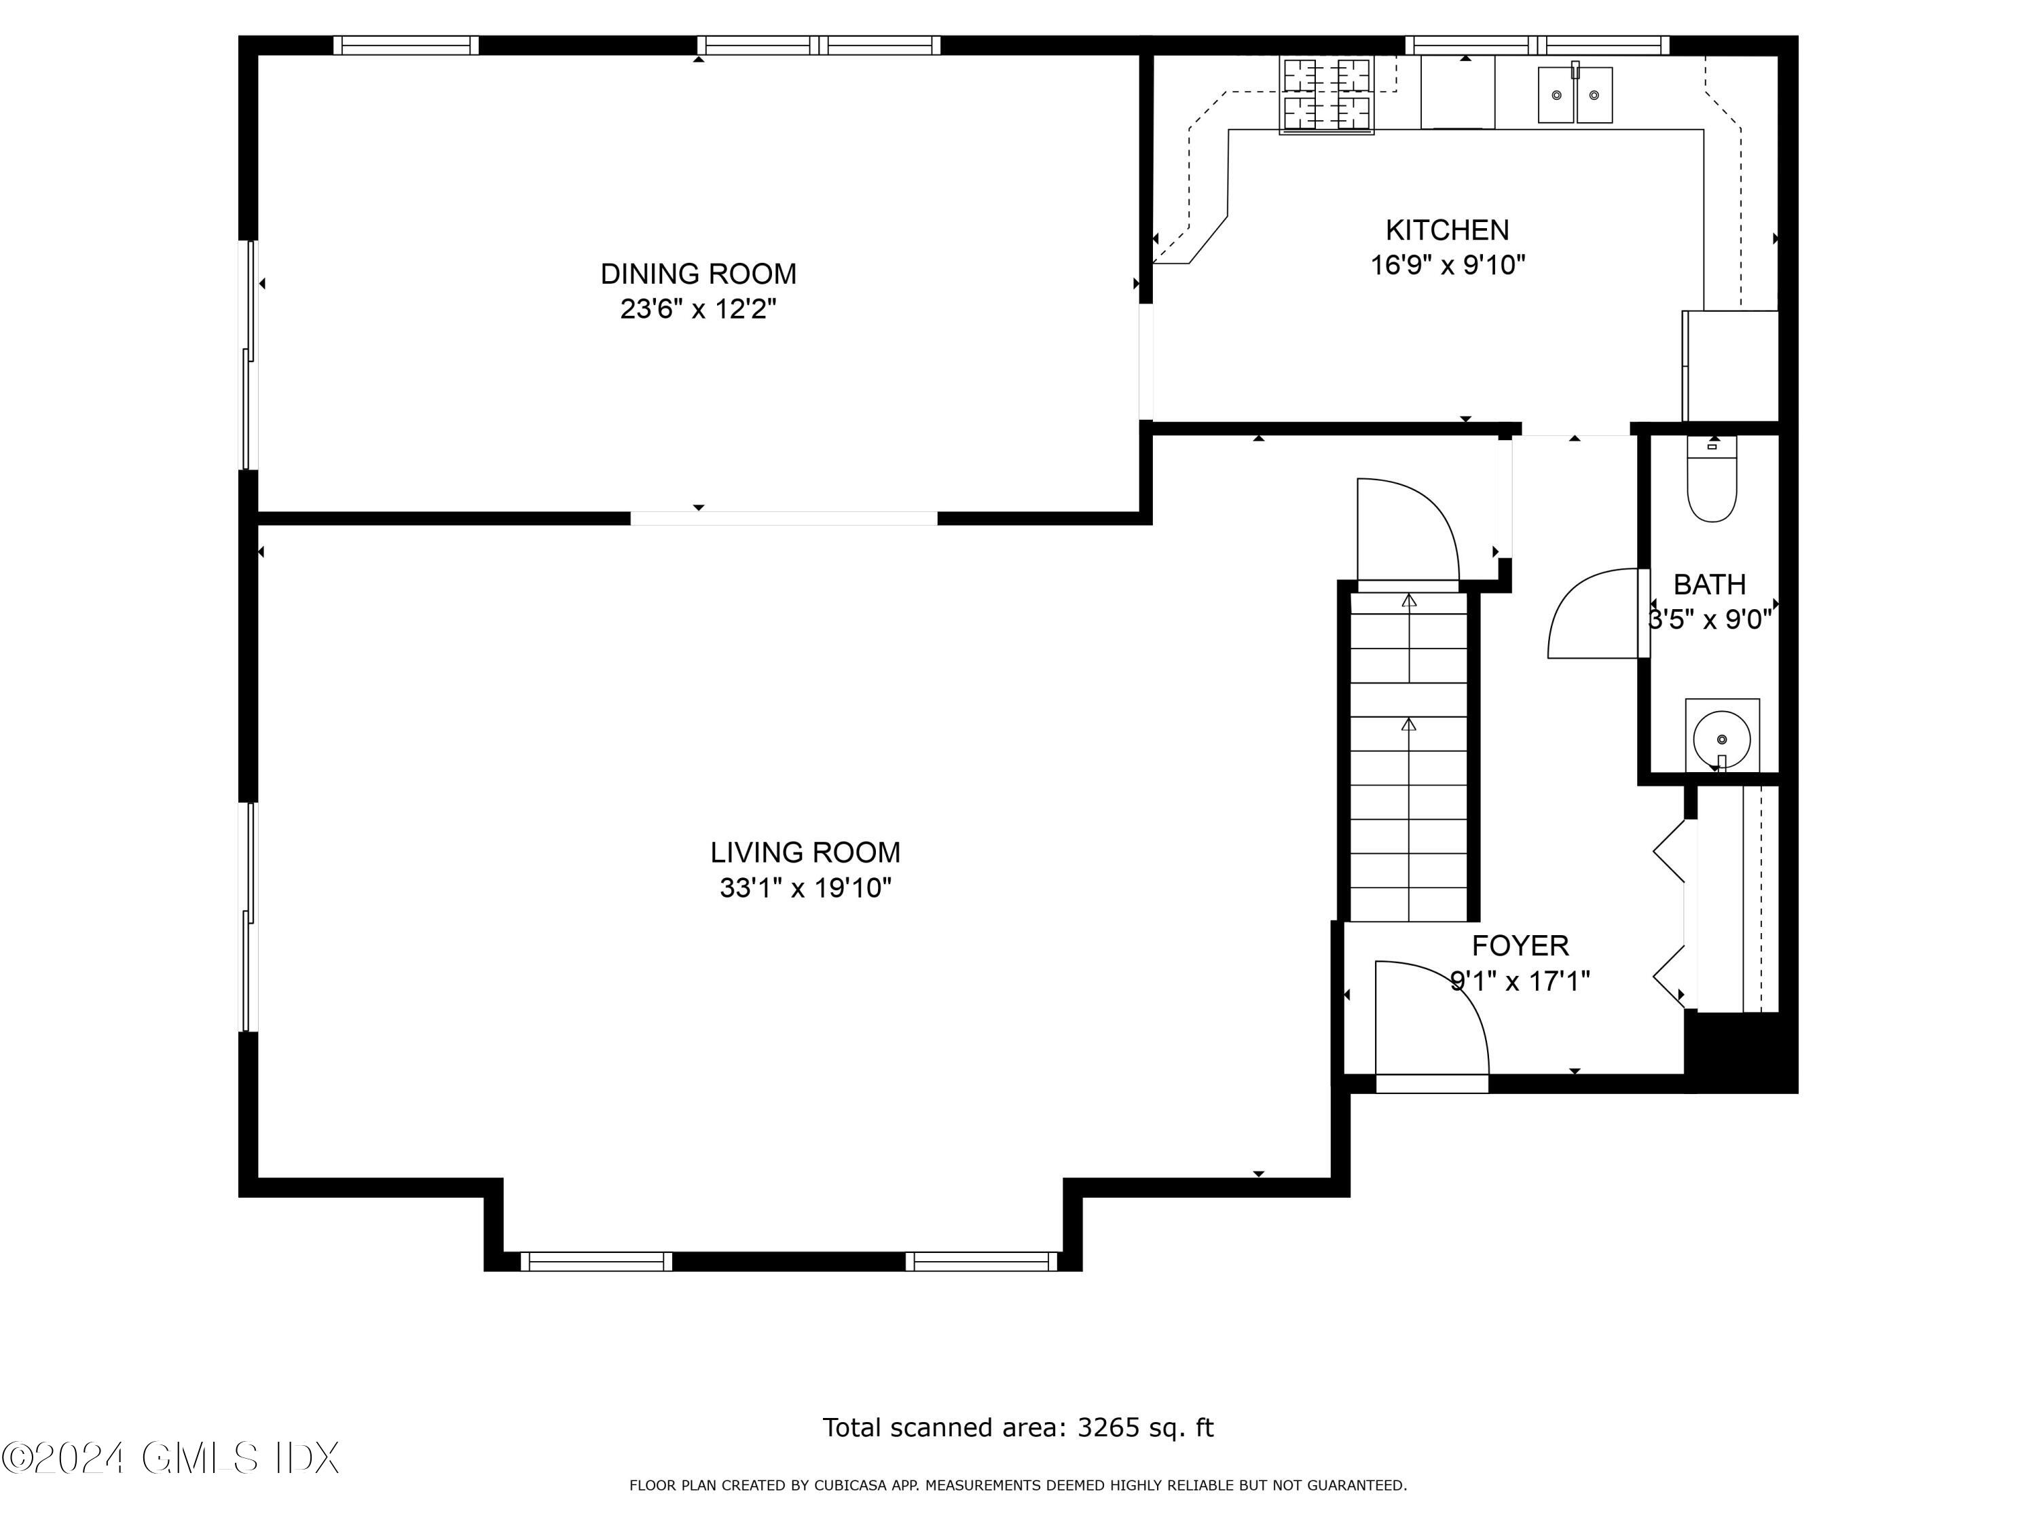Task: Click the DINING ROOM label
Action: [x=698, y=274]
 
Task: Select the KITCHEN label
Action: [x=1447, y=230]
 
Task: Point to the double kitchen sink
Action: [x=1575, y=95]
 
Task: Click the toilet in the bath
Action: [x=1711, y=484]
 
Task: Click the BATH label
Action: [x=1709, y=584]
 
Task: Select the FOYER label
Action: [x=1520, y=945]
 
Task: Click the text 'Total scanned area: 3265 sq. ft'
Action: [x=1018, y=1427]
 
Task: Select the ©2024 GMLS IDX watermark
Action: [x=170, y=1458]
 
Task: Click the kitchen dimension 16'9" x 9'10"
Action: [x=1447, y=266]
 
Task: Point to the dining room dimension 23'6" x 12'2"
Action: [x=698, y=308]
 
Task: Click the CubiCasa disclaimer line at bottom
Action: [x=1018, y=1485]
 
